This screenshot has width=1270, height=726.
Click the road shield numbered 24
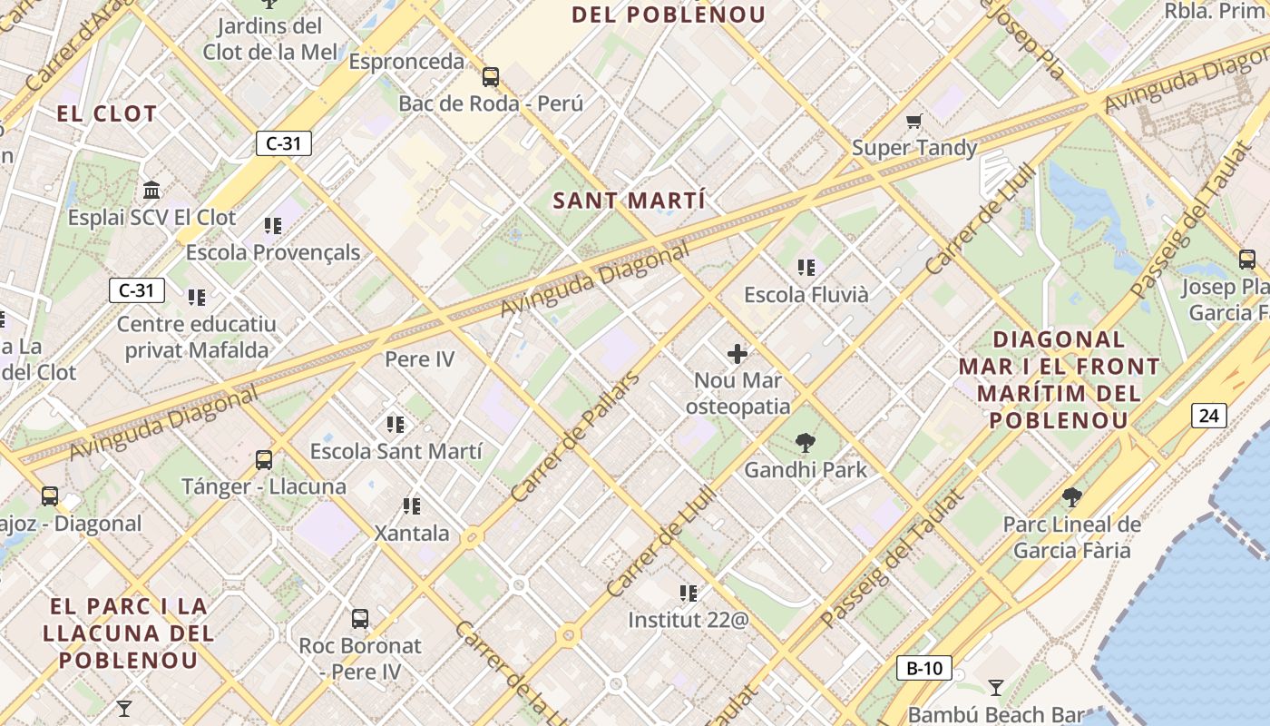coord(1208,416)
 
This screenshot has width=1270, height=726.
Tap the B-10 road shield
coord(924,669)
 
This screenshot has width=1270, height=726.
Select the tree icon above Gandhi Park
coord(805,443)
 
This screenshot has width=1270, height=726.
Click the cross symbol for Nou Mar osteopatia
coord(738,353)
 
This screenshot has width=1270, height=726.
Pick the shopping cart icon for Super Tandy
coord(913,121)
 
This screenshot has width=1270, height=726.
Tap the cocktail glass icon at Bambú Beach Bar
coord(996,687)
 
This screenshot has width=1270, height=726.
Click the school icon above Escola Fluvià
coord(806,268)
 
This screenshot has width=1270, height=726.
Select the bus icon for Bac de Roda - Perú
coord(491,77)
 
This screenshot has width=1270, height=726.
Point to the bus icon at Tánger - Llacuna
coord(264,460)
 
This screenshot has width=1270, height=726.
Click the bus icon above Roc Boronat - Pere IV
coord(360,619)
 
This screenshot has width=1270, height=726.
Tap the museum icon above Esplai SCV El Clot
coord(151,191)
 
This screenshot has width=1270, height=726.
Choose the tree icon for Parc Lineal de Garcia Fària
coord(1071,496)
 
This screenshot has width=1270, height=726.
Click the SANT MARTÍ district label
coord(629,201)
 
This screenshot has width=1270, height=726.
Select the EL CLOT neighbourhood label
coord(107,114)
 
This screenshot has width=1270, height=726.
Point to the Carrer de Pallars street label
coord(575,437)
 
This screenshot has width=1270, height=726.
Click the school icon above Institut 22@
coord(689,594)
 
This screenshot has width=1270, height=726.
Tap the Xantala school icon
coord(412,506)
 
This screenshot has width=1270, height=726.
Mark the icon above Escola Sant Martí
coord(395,424)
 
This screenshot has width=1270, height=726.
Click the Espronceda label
coord(406,62)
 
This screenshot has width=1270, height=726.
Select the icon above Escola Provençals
coord(272,225)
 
